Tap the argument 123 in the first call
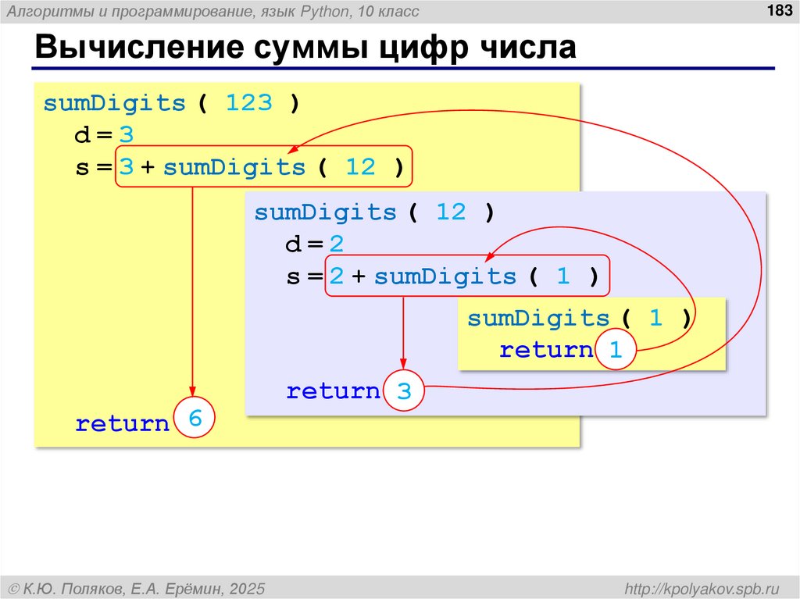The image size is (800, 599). (x=249, y=104)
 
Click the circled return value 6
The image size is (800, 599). (x=195, y=419)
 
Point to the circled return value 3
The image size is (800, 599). (x=404, y=391)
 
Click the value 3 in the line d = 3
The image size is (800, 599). (x=127, y=136)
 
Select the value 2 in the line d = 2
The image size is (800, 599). (x=336, y=245)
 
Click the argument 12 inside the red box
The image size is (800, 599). (x=360, y=167)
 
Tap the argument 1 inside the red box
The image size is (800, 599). (x=562, y=276)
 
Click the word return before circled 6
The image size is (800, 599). (x=122, y=424)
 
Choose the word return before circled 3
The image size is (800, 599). (x=333, y=391)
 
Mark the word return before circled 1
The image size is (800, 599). (x=546, y=351)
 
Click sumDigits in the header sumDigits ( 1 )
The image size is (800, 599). (x=538, y=319)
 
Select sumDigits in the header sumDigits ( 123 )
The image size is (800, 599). (x=115, y=104)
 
